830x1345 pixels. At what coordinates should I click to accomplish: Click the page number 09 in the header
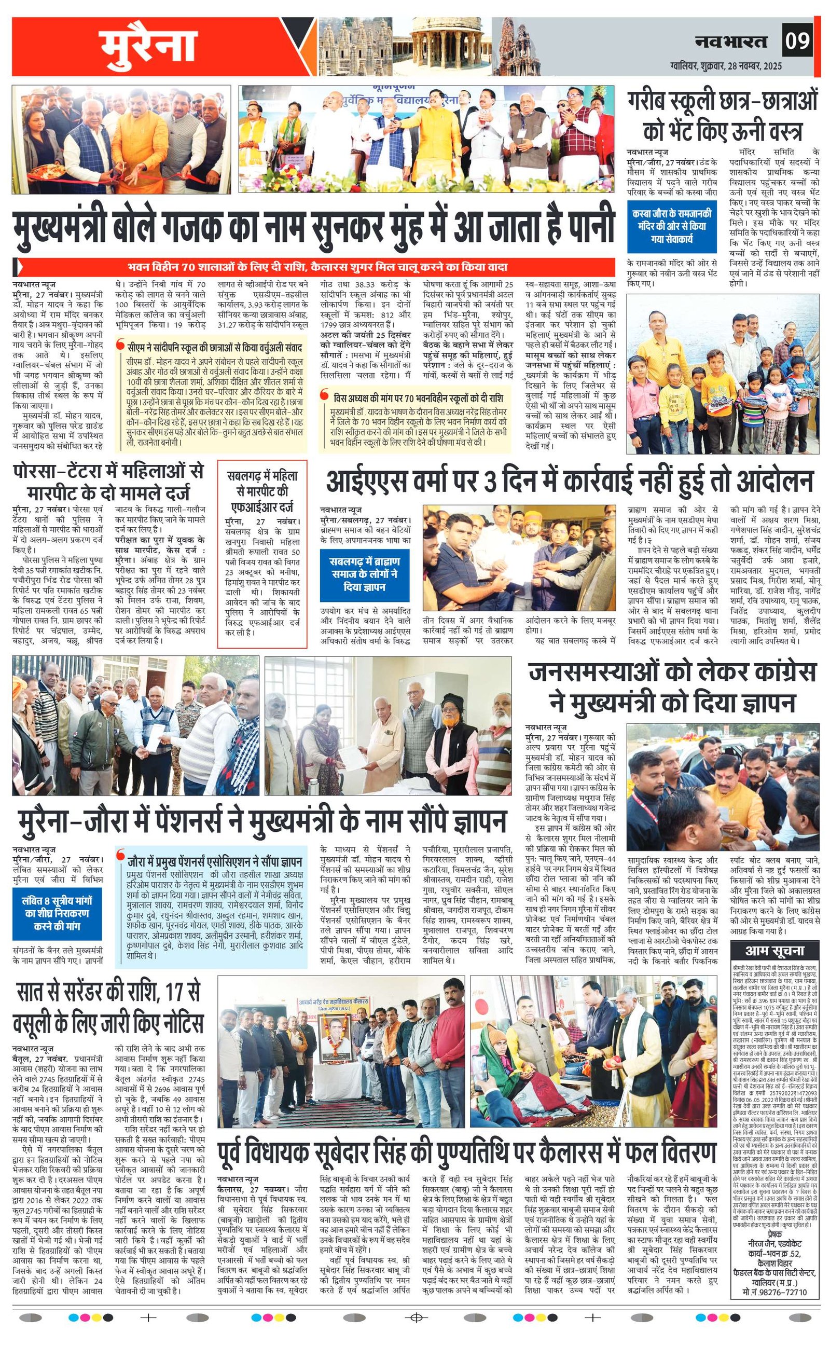pyautogui.click(x=797, y=41)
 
